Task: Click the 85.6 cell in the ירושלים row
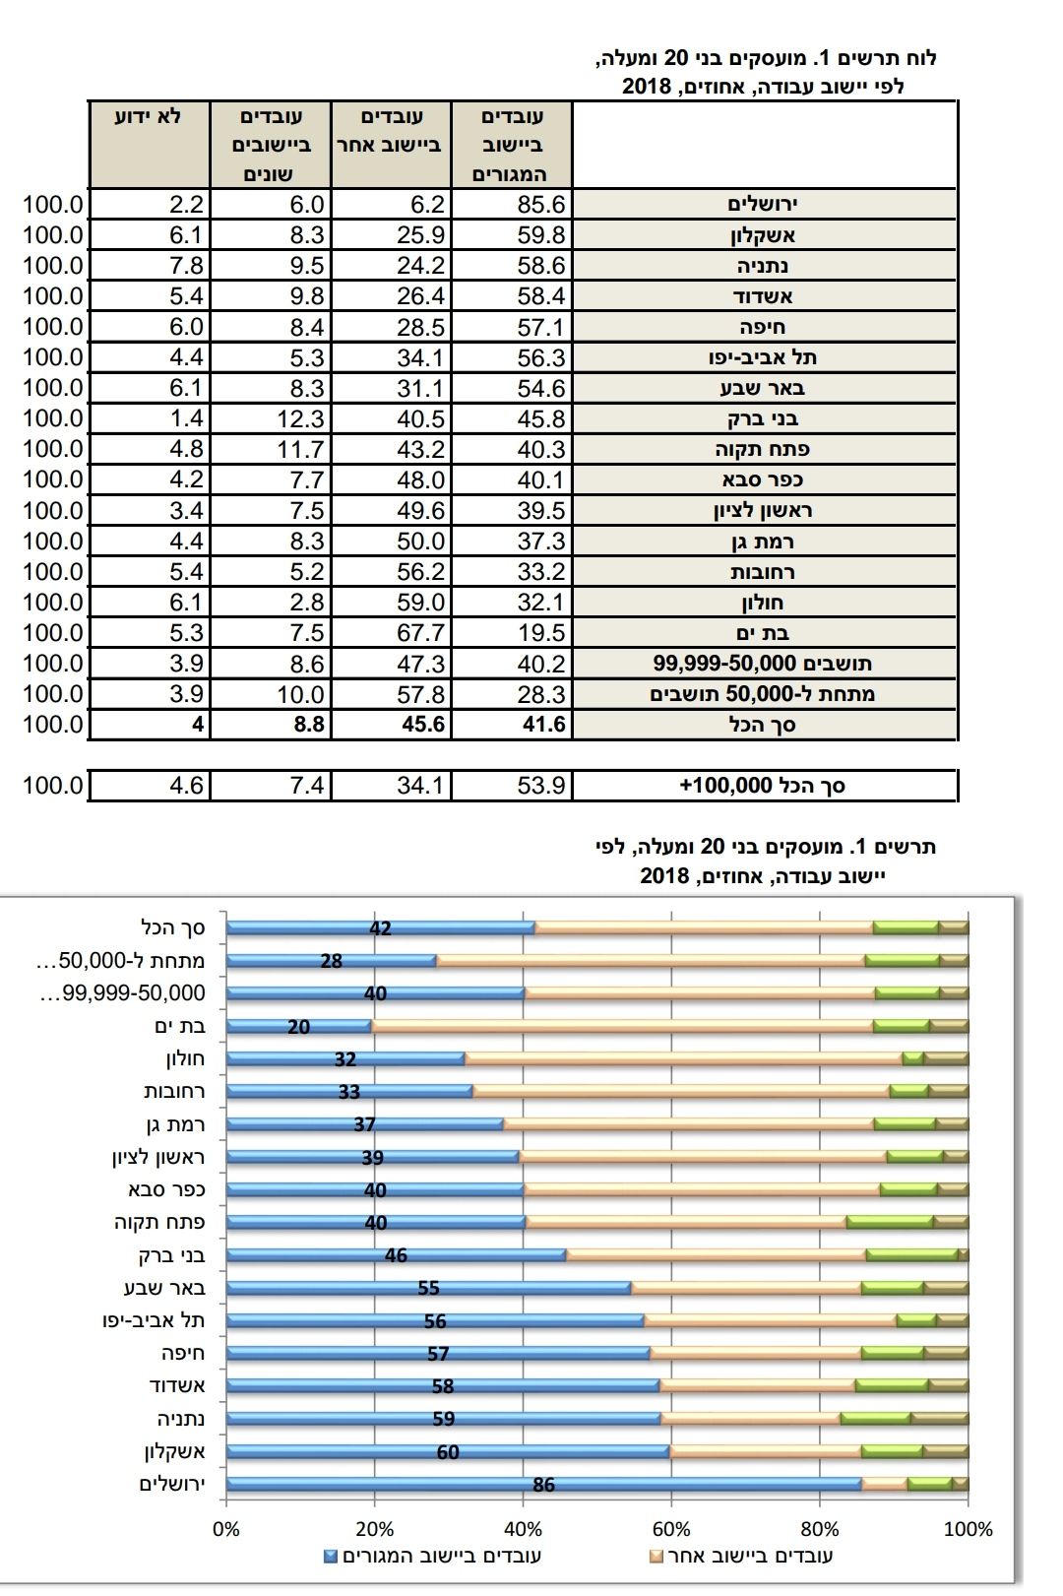click(542, 204)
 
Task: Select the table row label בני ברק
click(763, 418)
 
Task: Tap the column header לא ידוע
click(149, 116)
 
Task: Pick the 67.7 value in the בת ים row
click(421, 632)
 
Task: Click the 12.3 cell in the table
click(300, 418)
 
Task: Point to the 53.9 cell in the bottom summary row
click(542, 786)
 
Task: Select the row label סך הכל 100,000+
click(763, 786)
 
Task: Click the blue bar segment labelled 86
click(543, 1484)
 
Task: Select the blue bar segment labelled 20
click(299, 1026)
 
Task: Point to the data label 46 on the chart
click(396, 1255)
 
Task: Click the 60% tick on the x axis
click(671, 1529)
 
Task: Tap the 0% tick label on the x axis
click(226, 1529)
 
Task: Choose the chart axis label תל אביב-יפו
click(154, 1320)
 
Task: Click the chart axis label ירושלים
click(172, 1484)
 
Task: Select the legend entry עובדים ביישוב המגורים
click(432, 1557)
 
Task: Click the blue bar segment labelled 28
click(331, 961)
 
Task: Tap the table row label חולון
click(763, 602)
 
